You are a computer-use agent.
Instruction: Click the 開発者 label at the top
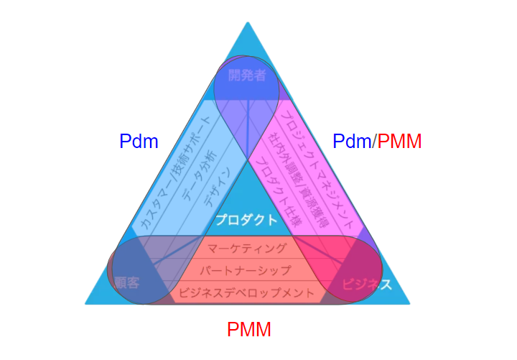point(246,75)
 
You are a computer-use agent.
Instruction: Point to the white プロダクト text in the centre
point(246,220)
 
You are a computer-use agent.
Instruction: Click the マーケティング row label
point(246,249)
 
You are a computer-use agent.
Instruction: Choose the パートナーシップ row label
point(246,271)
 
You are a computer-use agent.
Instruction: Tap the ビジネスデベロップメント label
point(246,292)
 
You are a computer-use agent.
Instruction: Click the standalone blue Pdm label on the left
point(139,142)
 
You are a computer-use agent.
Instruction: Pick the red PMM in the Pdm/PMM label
point(399,142)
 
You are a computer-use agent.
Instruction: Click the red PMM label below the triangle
point(249,330)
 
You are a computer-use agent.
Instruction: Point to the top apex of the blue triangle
point(248,24)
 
